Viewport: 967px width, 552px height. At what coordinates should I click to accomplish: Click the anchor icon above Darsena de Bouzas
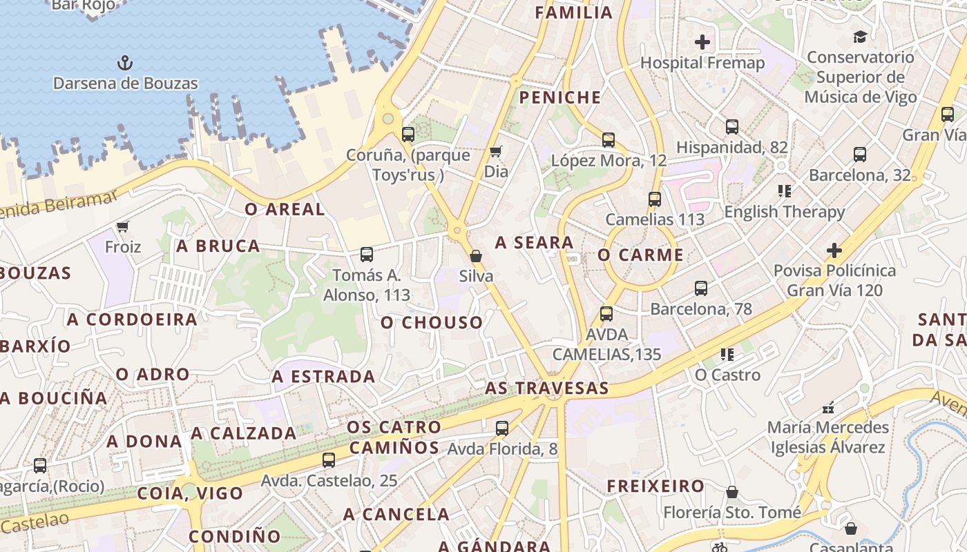pyautogui.click(x=124, y=63)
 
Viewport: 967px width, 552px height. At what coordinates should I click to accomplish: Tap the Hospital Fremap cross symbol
pyautogui.click(x=702, y=42)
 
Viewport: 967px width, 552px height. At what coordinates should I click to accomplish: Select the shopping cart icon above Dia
pyautogui.click(x=495, y=151)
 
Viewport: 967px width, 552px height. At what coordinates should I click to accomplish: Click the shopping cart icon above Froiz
pyautogui.click(x=123, y=226)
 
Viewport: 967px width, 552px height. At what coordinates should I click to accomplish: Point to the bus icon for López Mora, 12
pyautogui.click(x=609, y=140)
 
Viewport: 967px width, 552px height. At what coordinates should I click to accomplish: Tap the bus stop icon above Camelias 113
pyautogui.click(x=655, y=199)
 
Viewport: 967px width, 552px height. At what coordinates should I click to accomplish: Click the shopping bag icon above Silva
pyautogui.click(x=476, y=256)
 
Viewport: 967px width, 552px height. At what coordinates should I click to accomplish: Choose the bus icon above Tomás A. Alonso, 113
pyautogui.click(x=367, y=255)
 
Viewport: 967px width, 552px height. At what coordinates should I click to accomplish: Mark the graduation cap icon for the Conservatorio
pyautogui.click(x=860, y=37)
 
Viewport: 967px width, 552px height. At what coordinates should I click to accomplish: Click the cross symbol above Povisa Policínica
pyautogui.click(x=834, y=250)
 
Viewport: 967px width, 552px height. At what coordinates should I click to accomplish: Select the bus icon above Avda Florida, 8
pyautogui.click(x=502, y=428)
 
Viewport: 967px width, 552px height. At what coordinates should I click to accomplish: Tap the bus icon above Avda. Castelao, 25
pyautogui.click(x=329, y=460)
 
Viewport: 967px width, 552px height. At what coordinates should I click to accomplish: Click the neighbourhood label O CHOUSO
pyautogui.click(x=432, y=322)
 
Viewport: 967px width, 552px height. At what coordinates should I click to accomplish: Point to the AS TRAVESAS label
pyautogui.click(x=547, y=388)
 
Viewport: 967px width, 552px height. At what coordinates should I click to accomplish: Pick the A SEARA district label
pyautogui.click(x=535, y=242)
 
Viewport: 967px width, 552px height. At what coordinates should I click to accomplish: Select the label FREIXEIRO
pyautogui.click(x=655, y=486)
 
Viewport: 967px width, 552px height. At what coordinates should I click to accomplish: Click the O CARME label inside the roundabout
pyautogui.click(x=640, y=255)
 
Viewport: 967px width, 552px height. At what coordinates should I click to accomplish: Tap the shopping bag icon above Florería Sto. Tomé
pyautogui.click(x=732, y=492)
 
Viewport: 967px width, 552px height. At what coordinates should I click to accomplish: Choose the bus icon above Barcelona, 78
pyautogui.click(x=701, y=288)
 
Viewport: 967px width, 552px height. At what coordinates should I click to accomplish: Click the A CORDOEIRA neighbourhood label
pyautogui.click(x=132, y=319)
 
